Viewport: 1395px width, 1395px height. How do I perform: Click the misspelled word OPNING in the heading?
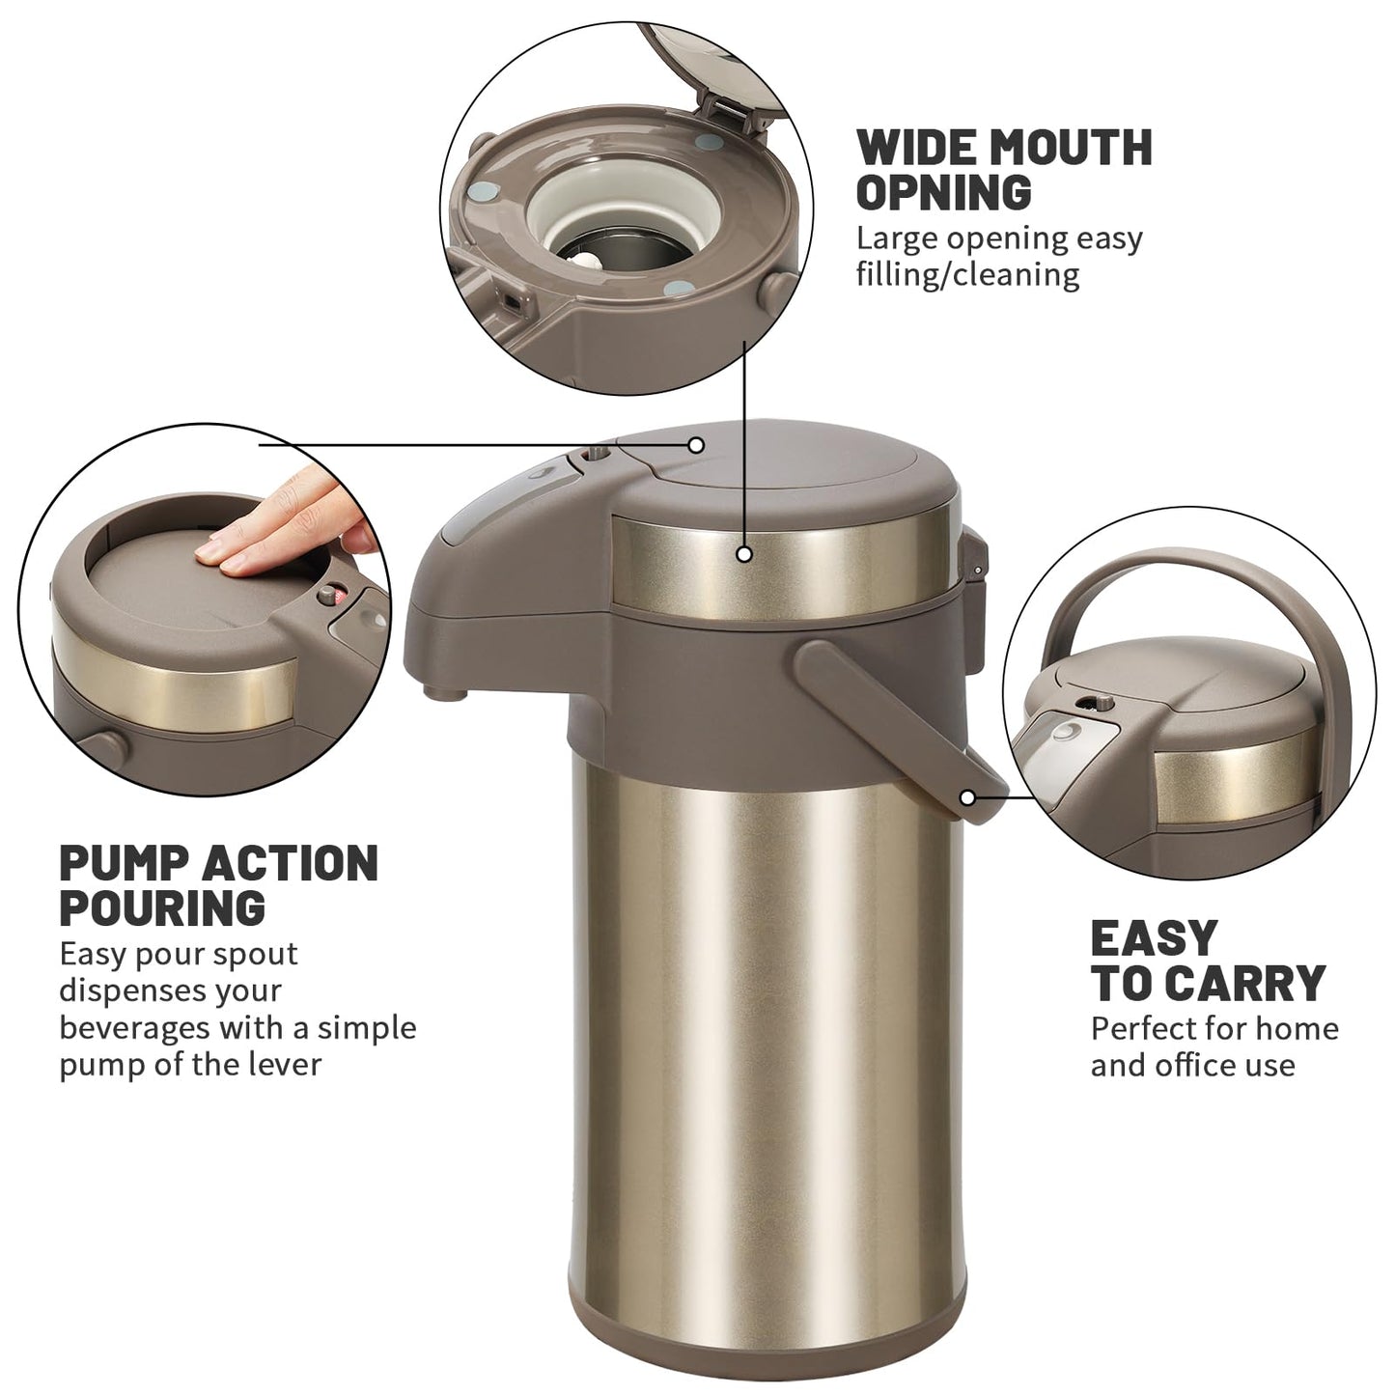coord(944,191)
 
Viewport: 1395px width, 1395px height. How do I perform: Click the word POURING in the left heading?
coord(162,907)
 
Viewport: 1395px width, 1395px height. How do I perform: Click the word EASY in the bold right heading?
coord(1154,939)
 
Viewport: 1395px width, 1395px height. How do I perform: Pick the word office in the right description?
coord(1198,1066)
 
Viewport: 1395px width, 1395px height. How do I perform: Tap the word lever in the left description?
coord(285,1064)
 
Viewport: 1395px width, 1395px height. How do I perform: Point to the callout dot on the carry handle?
coord(967,797)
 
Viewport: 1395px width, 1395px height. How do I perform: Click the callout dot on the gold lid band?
coord(744,555)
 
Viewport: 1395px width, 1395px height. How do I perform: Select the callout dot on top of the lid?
coord(696,444)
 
